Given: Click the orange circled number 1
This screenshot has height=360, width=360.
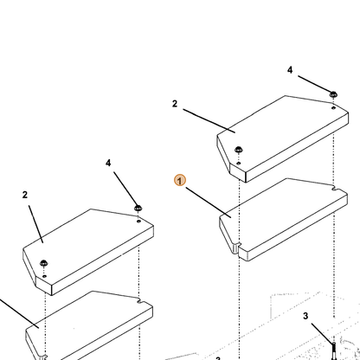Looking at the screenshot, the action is click(180, 180).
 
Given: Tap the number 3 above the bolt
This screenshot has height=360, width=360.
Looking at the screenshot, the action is click(305, 316).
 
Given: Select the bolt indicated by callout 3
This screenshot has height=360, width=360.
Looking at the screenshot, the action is click(334, 350).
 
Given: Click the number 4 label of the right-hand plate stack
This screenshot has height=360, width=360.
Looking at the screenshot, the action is click(290, 70).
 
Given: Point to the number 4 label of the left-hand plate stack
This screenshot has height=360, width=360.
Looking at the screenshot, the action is click(108, 164).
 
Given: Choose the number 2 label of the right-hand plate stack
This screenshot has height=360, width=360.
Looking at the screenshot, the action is click(175, 104).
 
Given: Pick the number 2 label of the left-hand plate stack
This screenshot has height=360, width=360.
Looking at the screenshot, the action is click(25, 195).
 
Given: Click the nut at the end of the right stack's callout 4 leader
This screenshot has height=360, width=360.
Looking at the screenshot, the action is click(333, 94).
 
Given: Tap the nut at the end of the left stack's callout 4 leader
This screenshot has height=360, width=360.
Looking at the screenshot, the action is click(138, 208).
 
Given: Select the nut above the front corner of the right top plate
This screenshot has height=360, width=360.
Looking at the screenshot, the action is click(239, 150).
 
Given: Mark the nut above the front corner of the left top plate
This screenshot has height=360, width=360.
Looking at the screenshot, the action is click(44, 263).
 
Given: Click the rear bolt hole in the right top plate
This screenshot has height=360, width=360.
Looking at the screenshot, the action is click(333, 108).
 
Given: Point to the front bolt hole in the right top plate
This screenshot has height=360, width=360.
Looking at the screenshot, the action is click(239, 164).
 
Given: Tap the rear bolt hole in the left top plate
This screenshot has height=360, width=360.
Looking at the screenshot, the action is click(138, 222).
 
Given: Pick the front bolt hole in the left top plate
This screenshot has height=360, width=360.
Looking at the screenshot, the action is click(44, 276).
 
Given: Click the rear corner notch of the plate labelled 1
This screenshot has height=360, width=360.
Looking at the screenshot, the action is click(335, 189).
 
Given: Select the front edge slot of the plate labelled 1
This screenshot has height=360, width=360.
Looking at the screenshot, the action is click(238, 248).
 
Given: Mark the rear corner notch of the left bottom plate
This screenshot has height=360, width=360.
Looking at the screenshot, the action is click(140, 301).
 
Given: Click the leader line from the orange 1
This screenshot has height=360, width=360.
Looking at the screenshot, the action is click(209, 202).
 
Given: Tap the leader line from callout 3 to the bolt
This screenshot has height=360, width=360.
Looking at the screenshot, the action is click(322, 333).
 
